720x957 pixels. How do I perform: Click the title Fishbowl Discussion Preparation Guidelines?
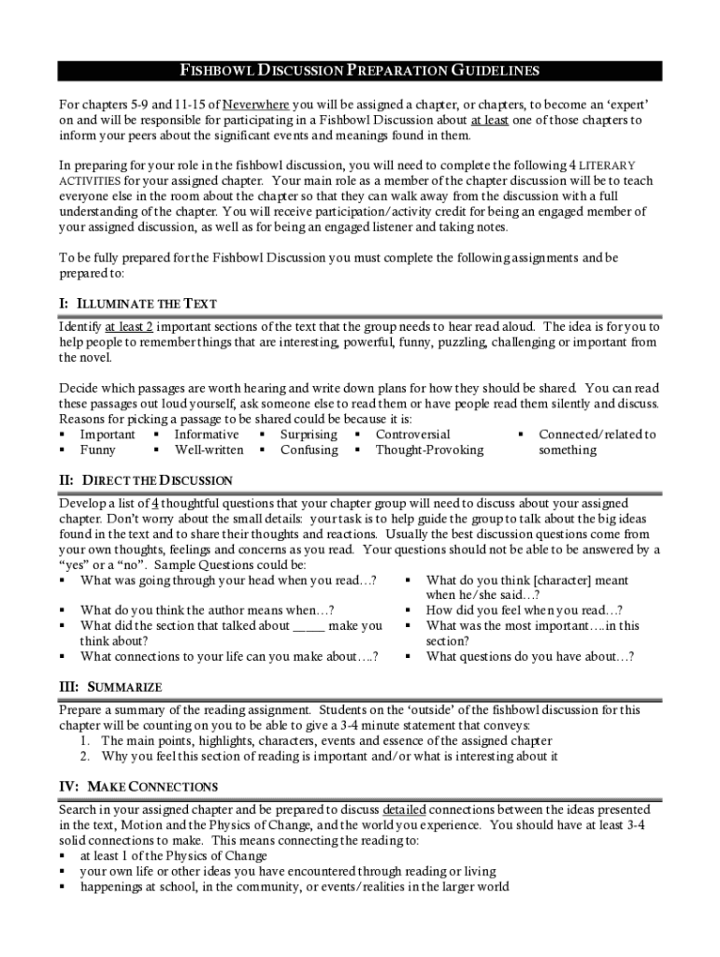(x=359, y=71)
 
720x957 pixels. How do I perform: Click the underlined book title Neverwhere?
(x=255, y=104)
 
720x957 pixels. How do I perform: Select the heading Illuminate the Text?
(x=137, y=304)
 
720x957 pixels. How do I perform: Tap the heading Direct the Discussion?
(x=146, y=480)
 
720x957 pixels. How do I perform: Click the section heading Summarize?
(x=112, y=687)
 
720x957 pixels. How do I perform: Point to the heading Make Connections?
(x=139, y=786)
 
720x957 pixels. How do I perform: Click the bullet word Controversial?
(x=412, y=435)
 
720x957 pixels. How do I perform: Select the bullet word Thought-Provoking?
(x=429, y=450)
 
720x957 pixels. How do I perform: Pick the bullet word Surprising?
(x=309, y=435)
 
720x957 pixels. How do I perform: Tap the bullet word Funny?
(x=98, y=450)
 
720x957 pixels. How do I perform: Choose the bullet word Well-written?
(x=209, y=450)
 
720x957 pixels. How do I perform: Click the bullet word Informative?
(x=206, y=435)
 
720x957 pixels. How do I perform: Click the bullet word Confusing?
(x=309, y=450)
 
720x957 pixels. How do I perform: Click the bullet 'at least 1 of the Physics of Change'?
(x=173, y=855)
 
